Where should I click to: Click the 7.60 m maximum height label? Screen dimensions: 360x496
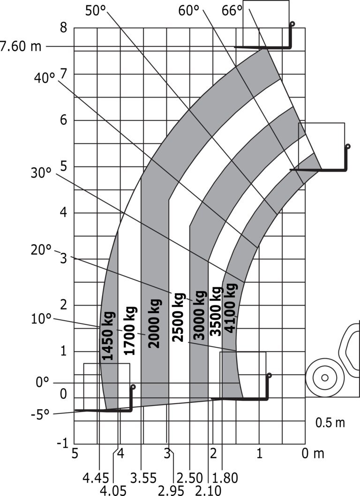coord(21,46)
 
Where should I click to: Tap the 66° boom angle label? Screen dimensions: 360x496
coord(232,11)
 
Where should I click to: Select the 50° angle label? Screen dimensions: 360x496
coord(96,11)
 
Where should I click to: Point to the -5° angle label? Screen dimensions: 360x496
coord(40,414)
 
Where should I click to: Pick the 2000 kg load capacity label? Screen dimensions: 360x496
coord(154,323)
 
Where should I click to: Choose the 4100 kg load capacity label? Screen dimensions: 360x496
coord(230,308)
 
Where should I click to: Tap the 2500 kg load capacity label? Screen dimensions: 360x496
coord(179,317)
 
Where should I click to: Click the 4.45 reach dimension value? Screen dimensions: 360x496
coord(96,478)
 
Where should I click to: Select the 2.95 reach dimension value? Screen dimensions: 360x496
coord(171,490)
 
